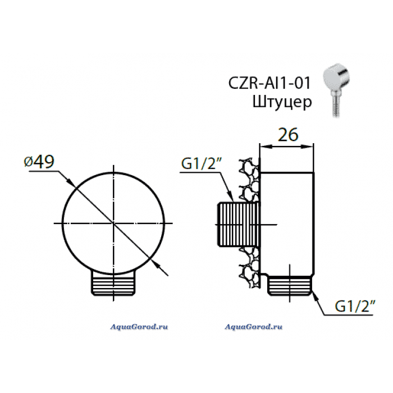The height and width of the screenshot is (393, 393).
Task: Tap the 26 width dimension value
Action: pyautogui.click(x=288, y=135)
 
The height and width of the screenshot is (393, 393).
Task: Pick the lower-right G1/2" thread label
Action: pyautogui.click(x=355, y=306)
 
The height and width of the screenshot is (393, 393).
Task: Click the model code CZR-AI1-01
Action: pyautogui.click(x=269, y=83)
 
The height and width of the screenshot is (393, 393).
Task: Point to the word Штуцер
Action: pyautogui.click(x=282, y=102)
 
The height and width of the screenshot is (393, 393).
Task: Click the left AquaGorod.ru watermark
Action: pyautogui.click(x=139, y=327)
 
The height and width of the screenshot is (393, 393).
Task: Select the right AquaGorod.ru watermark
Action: pyautogui.click(x=253, y=327)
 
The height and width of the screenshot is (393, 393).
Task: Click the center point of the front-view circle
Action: pyautogui.click(x=113, y=223)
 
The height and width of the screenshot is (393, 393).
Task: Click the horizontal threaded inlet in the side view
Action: pyautogui.click(x=238, y=224)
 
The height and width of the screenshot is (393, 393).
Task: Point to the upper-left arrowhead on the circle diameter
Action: pyautogui.click(x=72, y=184)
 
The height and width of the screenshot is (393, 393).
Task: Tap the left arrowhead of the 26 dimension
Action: pyautogui.click(x=263, y=146)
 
